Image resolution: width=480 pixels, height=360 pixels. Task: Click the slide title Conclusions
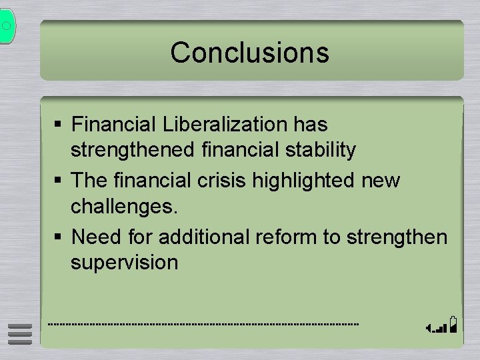(249, 53)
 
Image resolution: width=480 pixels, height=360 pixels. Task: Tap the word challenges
(125, 207)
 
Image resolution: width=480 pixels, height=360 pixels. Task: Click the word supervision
(125, 262)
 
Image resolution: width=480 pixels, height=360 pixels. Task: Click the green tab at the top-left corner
(6, 27)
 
